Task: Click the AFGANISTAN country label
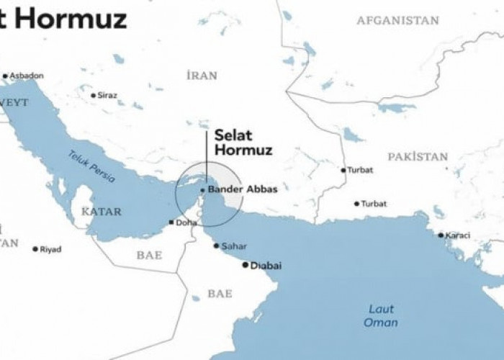[397, 21]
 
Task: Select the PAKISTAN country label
[418, 156]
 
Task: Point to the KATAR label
[102, 212]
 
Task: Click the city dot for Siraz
[93, 95]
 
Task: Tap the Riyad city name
[50, 249]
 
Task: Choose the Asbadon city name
[27, 76]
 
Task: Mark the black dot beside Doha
[171, 222]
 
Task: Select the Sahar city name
[234, 246]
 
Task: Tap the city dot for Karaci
[441, 235]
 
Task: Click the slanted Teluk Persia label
[91, 168]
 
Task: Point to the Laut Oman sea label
[381, 315]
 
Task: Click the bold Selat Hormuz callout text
[238, 143]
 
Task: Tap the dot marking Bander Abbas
[203, 190]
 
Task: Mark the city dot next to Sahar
[216, 246]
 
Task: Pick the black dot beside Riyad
[35, 249]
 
